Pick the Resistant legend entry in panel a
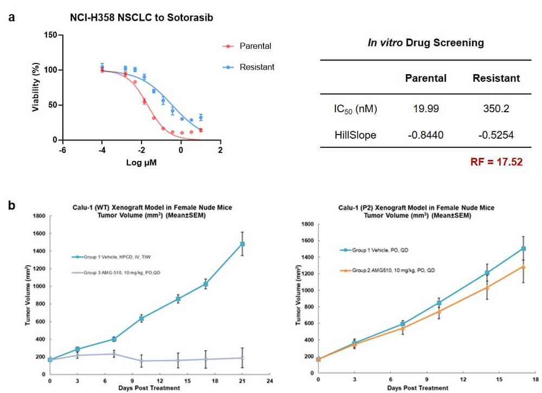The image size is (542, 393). pos(257,67)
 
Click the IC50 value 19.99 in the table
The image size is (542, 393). pos(425,109)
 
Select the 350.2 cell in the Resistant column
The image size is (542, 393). pos(496,109)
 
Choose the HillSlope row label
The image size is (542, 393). pos(356,134)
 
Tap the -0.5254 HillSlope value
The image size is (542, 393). pos(496,134)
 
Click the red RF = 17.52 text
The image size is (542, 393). pos(495,161)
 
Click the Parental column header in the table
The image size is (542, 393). pos(425,78)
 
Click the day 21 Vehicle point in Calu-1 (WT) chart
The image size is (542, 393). pos(242,244)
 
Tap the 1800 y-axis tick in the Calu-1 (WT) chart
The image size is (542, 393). pos(38,216)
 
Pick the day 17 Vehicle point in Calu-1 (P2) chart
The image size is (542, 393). pos(523,249)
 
